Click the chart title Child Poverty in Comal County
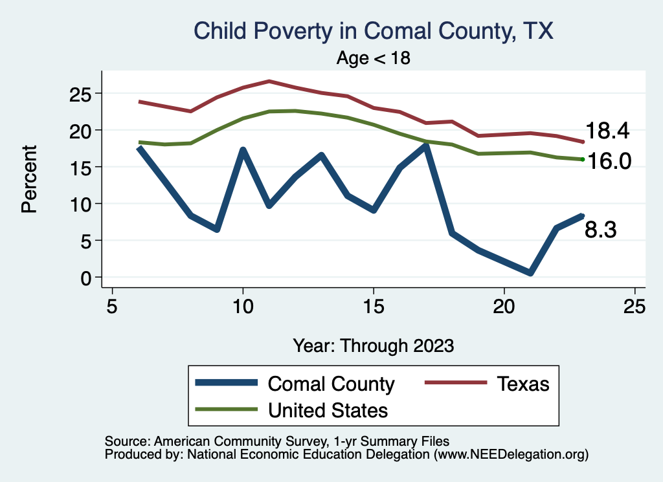374,31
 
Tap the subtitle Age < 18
374,58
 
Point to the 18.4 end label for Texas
607,131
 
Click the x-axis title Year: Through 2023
374,345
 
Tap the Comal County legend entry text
331,384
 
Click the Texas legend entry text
523,384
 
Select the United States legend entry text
328,410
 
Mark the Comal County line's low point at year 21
530,273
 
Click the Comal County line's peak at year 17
425,146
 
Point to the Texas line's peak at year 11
269,81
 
